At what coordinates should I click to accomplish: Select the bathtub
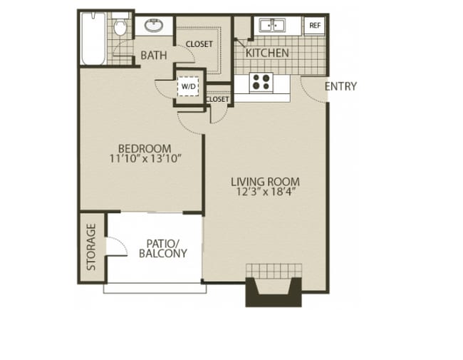pyautogui.click(x=93, y=38)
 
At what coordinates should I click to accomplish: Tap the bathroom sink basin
pyautogui.click(x=154, y=26)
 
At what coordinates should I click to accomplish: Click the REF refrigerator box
pyautogui.click(x=315, y=26)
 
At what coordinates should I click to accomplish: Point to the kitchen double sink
pyautogui.click(x=272, y=25)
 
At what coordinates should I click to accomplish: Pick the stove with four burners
pyautogui.click(x=261, y=82)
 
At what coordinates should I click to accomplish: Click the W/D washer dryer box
pyautogui.click(x=188, y=86)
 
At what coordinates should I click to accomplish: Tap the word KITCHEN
pyautogui.click(x=267, y=53)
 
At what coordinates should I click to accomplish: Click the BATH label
pyautogui.click(x=154, y=56)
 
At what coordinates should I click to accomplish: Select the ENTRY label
pyautogui.click(x=340, y=86)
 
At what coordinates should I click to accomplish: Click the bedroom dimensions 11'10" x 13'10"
pyautogui.click(x=145, y=159)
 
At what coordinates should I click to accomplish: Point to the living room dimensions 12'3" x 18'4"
pyautogui.click(x=266, y=192)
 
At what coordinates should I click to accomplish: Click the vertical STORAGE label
pyautogui.click(x=91, y=247)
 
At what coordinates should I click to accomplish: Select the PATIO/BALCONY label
pyautogui.click(x=163, y=249)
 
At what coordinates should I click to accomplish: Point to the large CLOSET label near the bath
pyautogui.click(x=199, y=44)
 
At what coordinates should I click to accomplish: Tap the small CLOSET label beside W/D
pyautogui.click(x=217, y=99)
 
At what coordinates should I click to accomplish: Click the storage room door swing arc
pyautogui.click(x=122, y=242)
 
